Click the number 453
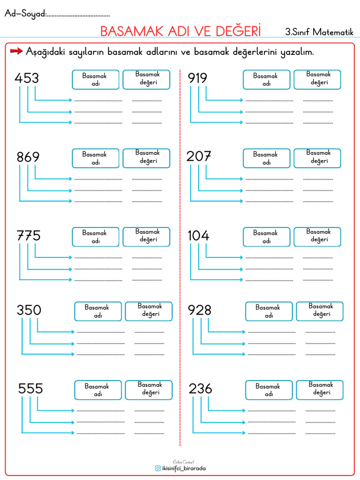27,78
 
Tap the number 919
197,78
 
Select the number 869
28,157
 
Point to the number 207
199,157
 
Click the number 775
29,235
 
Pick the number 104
198,235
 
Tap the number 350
29,310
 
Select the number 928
200,310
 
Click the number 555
30,389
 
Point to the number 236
200,389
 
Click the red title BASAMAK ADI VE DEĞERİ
180,30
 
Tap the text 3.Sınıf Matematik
319,32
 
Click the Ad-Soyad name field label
25,14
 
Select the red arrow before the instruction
16,51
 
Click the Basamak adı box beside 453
96,80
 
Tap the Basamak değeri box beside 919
317,80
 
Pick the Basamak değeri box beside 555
149,390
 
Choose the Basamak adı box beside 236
269,390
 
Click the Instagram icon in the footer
157,468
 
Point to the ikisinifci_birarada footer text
184,468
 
